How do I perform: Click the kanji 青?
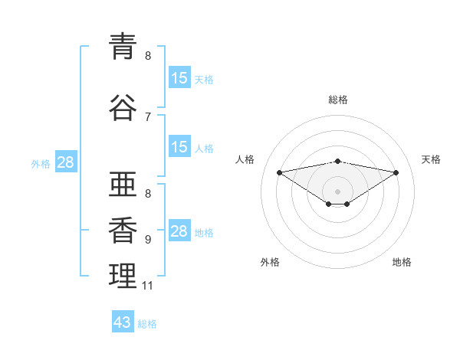point(123,46)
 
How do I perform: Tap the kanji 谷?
point(123,107)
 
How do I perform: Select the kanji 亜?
point(123,184)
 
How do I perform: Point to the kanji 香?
point(123,230)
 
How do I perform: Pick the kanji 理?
point(123,276)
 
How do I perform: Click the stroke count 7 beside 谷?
point(148,117)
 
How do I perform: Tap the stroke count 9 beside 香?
point(148,240)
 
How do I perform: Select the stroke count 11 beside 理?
point(147,286)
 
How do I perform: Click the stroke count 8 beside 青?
point(148,56)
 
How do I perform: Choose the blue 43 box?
point(123,321)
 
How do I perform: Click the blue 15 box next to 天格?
point(179,77)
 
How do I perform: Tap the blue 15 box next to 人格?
point(179,146)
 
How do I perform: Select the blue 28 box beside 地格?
point(179,230)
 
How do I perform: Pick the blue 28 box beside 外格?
point(66,162)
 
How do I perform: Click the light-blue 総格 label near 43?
point(147,324)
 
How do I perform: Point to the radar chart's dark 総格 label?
point(337,100)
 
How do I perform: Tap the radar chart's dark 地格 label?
point(402,262)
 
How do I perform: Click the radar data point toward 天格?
point(396,172)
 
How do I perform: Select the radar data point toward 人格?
point(279,172)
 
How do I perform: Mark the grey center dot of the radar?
point(337,191)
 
